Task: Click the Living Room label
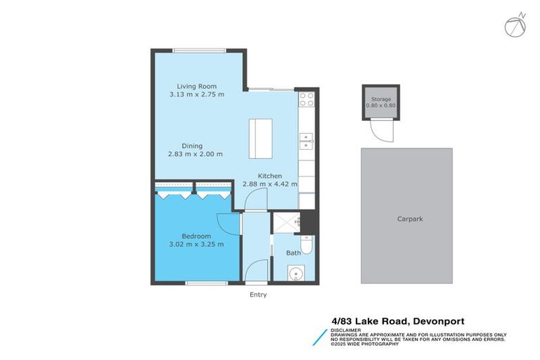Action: pos(197,86)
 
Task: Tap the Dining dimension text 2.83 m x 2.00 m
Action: pos(195,154)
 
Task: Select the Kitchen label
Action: pos(270,176)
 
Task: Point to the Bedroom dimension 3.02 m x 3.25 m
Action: pos(197,245)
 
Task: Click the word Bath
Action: pos(294,252)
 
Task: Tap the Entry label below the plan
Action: pos(258,295)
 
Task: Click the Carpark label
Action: pos(409,219)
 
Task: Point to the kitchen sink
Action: pos(306,143)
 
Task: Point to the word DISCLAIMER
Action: pos(347,329)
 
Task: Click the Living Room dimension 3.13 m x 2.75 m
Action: pos(197,94)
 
